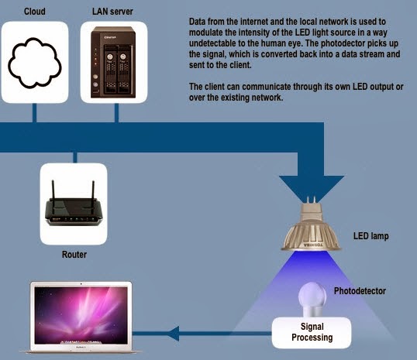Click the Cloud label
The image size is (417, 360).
pos(35,12)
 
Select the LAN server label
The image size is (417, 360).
pos(112,12)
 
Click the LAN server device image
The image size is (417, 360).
pos(113,62)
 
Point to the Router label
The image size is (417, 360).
pos(74,255)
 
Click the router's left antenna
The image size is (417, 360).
pos(53,196)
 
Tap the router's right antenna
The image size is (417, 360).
pos(93,196)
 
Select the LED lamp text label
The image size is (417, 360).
pos(371,236)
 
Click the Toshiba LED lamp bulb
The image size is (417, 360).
pos(311,226)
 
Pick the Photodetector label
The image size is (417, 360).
pos(360,291)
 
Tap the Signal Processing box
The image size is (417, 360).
pos(312,333)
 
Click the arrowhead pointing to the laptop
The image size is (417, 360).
pos(174,334)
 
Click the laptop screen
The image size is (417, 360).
pos(81,316)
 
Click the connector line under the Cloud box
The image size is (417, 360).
pos(34,113)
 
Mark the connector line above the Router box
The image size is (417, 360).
pos(75,158)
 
